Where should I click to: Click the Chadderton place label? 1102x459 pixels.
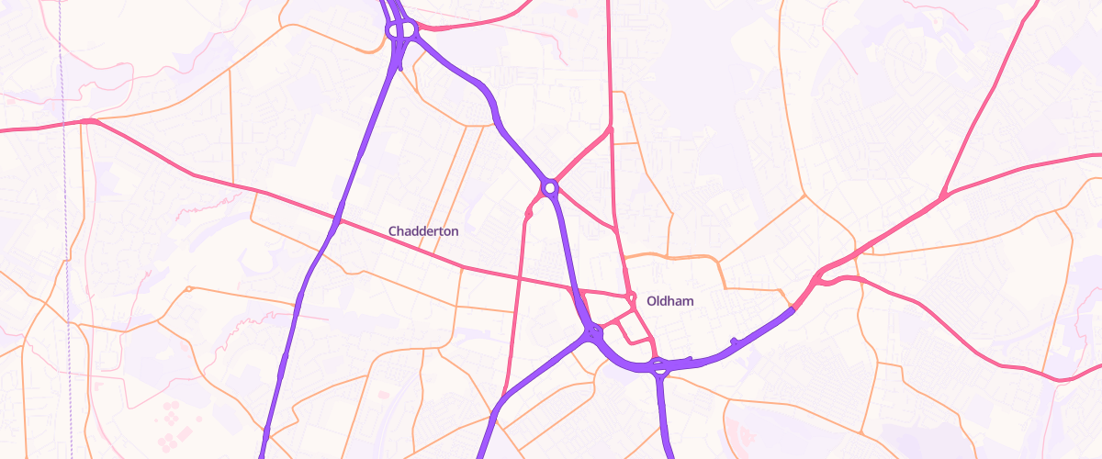(423, 231)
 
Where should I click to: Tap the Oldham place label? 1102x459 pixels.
(670, 301)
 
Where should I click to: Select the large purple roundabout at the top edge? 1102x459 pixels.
(401, 30)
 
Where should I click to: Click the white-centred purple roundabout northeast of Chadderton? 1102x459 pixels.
(550, 188)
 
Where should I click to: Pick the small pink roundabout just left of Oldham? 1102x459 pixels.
(632, 296)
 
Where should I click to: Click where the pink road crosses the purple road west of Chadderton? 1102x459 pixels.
(337, 220)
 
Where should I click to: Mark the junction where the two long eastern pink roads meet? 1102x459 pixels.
(942, 196)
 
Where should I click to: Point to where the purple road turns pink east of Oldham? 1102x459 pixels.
(793, 309)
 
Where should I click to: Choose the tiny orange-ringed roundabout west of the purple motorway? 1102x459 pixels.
(188, 289)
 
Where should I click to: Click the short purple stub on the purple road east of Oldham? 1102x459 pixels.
(733, 341)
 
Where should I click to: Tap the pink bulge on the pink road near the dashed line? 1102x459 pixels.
(89, 121)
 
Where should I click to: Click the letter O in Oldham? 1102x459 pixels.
(652, 301)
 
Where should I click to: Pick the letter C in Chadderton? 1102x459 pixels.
(393, 231)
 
